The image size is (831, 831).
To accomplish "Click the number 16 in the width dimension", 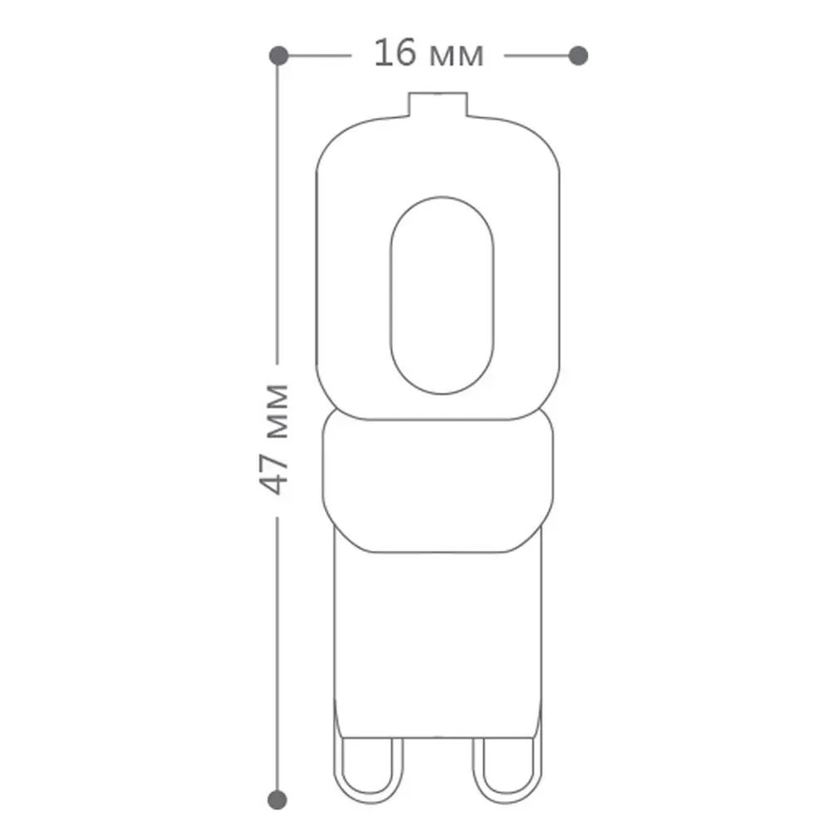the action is pos(396,53).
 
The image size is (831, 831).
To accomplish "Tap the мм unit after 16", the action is pos(457,57).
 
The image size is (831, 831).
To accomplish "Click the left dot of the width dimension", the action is pos(278,55).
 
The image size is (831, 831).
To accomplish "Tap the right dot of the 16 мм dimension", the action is pos(578,55).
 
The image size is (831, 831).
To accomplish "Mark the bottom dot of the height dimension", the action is pos(278,799).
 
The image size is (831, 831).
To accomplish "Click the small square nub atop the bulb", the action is pos(438,104).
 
